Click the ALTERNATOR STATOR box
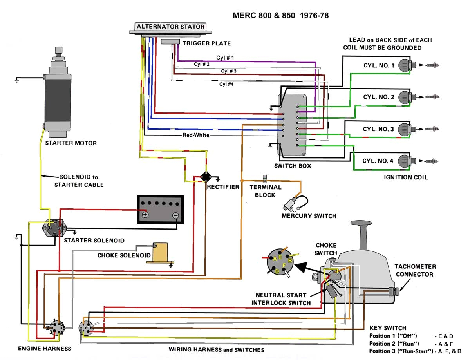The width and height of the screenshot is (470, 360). point(170,27)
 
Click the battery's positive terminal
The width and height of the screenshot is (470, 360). point(145,215)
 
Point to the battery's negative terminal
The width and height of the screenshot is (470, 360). point(175,215)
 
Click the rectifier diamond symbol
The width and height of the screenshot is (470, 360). point(205,177)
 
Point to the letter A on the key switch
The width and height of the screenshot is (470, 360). point(275,259)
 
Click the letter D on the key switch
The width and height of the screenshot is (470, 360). point(277,271)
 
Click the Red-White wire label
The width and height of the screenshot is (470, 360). point(196,135)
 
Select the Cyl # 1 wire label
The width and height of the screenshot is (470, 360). point(225,58)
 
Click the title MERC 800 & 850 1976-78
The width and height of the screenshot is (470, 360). point(280,16)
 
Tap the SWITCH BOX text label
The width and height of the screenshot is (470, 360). point(293,166)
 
